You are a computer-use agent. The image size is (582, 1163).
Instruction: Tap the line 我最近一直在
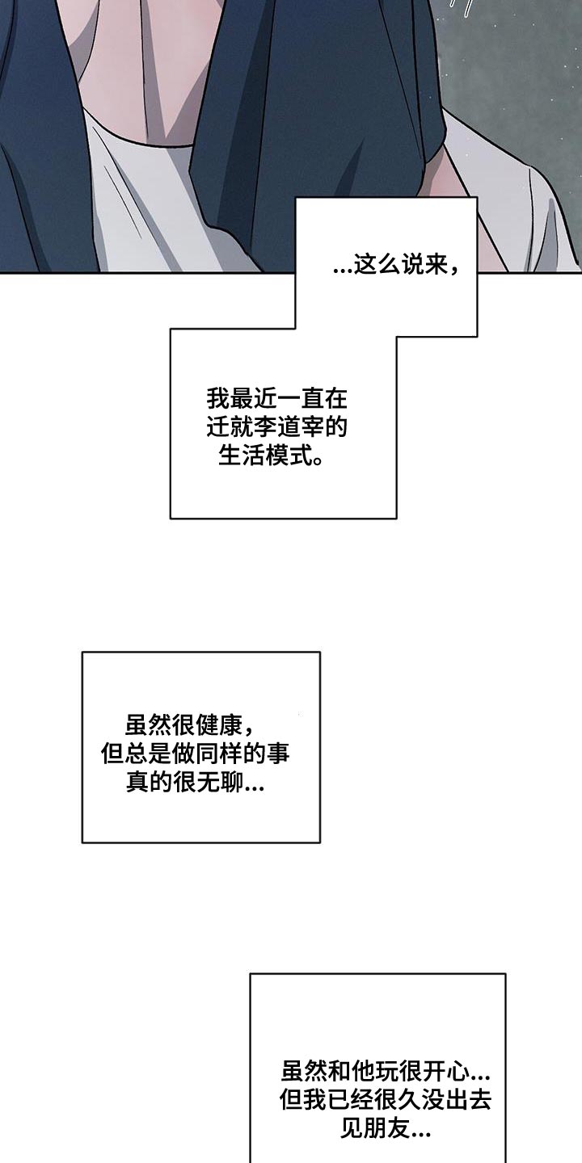(x=277, y=399)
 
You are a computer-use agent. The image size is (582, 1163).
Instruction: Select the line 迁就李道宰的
(x=277, y=428)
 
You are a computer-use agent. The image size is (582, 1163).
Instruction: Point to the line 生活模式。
(x=271, y=456)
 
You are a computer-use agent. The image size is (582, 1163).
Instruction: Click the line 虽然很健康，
(x=190, y=726)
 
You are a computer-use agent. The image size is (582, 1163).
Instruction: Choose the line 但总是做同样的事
(x=196, y=754)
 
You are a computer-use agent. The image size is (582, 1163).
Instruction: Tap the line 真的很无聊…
(x=196, y=783)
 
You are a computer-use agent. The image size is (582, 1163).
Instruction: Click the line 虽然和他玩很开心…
(x=386, y=1071)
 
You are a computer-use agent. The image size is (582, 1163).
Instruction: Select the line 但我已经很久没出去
(x=386, y=1099)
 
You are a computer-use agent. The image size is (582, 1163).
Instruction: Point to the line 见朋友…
(x=386, y=1127)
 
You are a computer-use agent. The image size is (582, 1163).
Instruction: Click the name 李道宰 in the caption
(x=289, y=428)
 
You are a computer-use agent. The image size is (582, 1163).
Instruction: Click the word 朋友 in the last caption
(x=386, y=1127)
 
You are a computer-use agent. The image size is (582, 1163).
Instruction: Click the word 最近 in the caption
(x=253, y=399)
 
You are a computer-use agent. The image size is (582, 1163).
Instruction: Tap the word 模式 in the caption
(x=288, y=456)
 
